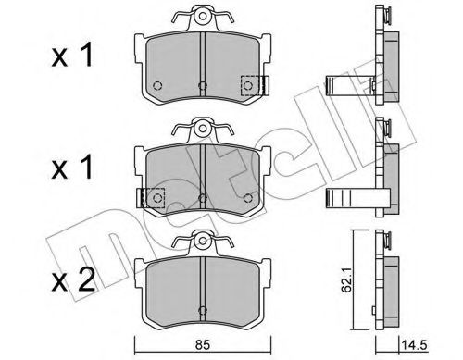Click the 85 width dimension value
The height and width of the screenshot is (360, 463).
[203, 344]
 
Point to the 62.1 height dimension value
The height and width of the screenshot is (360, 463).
[347, 281]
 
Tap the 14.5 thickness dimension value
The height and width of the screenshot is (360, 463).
[414, 344]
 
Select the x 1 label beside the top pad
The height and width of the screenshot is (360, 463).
[72, 55]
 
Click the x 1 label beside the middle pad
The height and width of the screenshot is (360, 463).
[72, 168]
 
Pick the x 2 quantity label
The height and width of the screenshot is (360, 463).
[73, 279]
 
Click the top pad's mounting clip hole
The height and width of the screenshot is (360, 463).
[202, 16]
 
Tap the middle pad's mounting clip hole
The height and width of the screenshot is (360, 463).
[202, 128]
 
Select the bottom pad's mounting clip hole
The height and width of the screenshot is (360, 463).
[202, 240]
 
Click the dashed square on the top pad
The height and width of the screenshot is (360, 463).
[249, 85]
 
